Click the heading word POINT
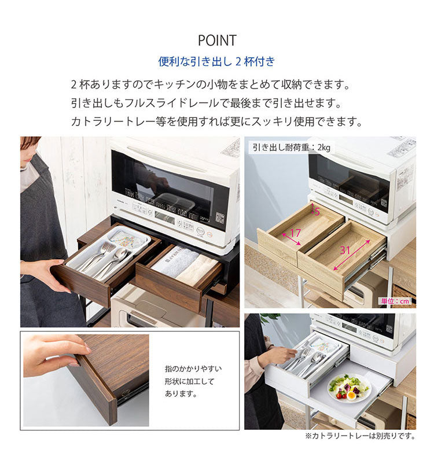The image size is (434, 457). (x=217, y=40)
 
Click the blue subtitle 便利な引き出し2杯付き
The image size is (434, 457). (x=217, y=61)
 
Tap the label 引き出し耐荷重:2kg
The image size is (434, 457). (x=291, y=148)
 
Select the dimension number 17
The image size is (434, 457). (x=295, y=234)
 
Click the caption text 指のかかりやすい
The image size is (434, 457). (x=193, y=368)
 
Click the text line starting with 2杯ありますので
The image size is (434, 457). (x=211, y=85)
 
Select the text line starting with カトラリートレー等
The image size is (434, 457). (x=216, y=122)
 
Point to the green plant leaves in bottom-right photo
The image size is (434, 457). (x=269, y=319)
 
